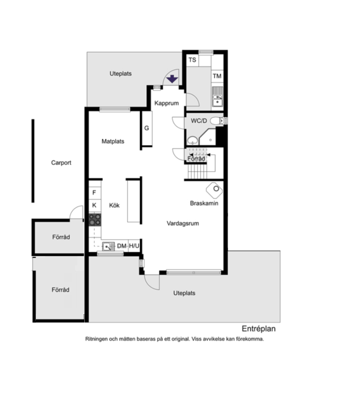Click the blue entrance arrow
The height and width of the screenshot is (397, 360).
(172, 79)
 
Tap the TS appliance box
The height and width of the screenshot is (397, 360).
(193, 60)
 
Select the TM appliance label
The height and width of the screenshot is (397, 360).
(217, 76)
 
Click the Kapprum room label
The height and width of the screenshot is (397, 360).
(167, 103)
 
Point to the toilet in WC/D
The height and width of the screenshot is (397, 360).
(217, 121)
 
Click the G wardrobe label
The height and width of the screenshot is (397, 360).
(146, 128)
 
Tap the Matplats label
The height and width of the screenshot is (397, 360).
(113, 141)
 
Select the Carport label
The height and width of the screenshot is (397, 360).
(61, 163)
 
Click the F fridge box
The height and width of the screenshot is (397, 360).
(95, 193)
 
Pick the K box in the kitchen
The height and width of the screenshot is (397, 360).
(95, 205)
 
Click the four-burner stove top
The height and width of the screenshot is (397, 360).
(95, 220)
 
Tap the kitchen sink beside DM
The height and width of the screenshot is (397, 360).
(108, 246)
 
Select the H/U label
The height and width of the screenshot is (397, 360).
(134, 246)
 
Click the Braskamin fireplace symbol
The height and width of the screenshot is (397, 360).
(214, 190)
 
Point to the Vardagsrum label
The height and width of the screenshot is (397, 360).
(183, 223)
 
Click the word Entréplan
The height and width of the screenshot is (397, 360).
(258, 329)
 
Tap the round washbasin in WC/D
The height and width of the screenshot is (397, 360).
(193, 140)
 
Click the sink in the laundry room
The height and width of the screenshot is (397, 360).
(217, 97)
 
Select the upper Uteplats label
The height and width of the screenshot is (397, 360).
(120, 74)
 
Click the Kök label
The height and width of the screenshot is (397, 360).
(115, 205)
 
